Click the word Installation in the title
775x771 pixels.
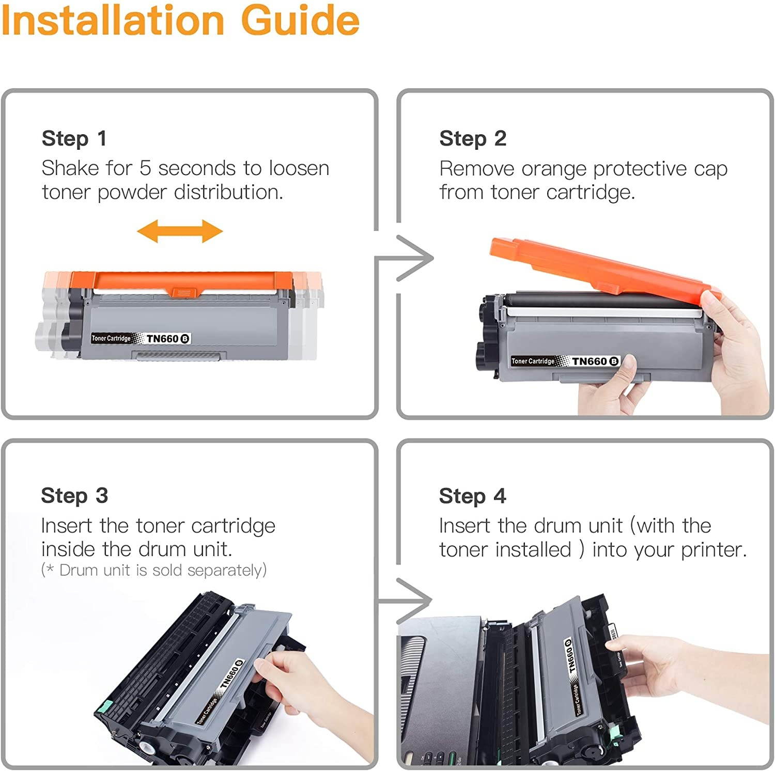tap(113, 21)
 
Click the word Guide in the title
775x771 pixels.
tap(300, 21)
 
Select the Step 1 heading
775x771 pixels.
tap(74, 138)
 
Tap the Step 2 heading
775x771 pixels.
tap(472, 138)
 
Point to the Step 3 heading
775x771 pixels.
tap(74, 496)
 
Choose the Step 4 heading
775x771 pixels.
tap(472, 496)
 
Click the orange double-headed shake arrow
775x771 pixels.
tap(180, 231)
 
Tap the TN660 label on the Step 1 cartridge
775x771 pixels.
tap(162, 339)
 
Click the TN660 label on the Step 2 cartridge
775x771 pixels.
tap(589, 361)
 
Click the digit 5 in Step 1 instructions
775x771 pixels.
tap(145, 168)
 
